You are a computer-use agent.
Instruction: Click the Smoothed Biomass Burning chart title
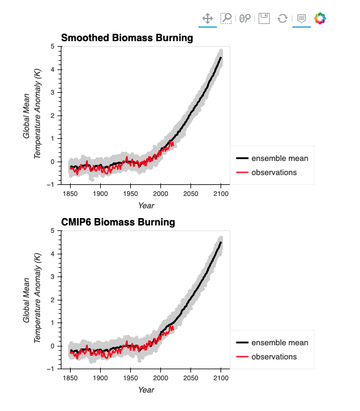coord(127,38)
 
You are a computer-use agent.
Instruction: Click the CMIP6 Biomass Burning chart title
coord(118,222)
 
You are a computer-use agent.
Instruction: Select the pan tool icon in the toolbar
coord(208,18)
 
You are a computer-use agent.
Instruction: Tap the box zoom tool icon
coord(226,18)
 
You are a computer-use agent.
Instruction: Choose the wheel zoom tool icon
coord(245,18)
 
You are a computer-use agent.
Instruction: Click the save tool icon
coord(264,18)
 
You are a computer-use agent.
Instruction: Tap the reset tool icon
coord(283,18)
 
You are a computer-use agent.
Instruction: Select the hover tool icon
coord(302,18)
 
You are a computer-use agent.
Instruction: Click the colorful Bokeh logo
coord(320,18)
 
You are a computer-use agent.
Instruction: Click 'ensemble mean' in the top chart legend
coord(280,159)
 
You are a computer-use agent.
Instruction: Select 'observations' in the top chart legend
coord(274,173)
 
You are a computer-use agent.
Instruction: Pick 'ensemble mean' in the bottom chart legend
coord(280,343)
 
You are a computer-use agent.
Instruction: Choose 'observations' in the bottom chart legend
coord(274,357)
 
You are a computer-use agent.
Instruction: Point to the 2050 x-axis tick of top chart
coord(190,194)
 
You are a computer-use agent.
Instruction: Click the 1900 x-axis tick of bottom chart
coord(100,378)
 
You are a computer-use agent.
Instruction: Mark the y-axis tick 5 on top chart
coord(53,47)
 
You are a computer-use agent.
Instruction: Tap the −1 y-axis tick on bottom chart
coord(50,369)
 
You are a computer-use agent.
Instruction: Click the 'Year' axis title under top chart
coord(146,205)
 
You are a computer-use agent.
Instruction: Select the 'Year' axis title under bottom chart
coord(146,389)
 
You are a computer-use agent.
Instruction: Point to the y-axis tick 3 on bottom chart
coord(53,277)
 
